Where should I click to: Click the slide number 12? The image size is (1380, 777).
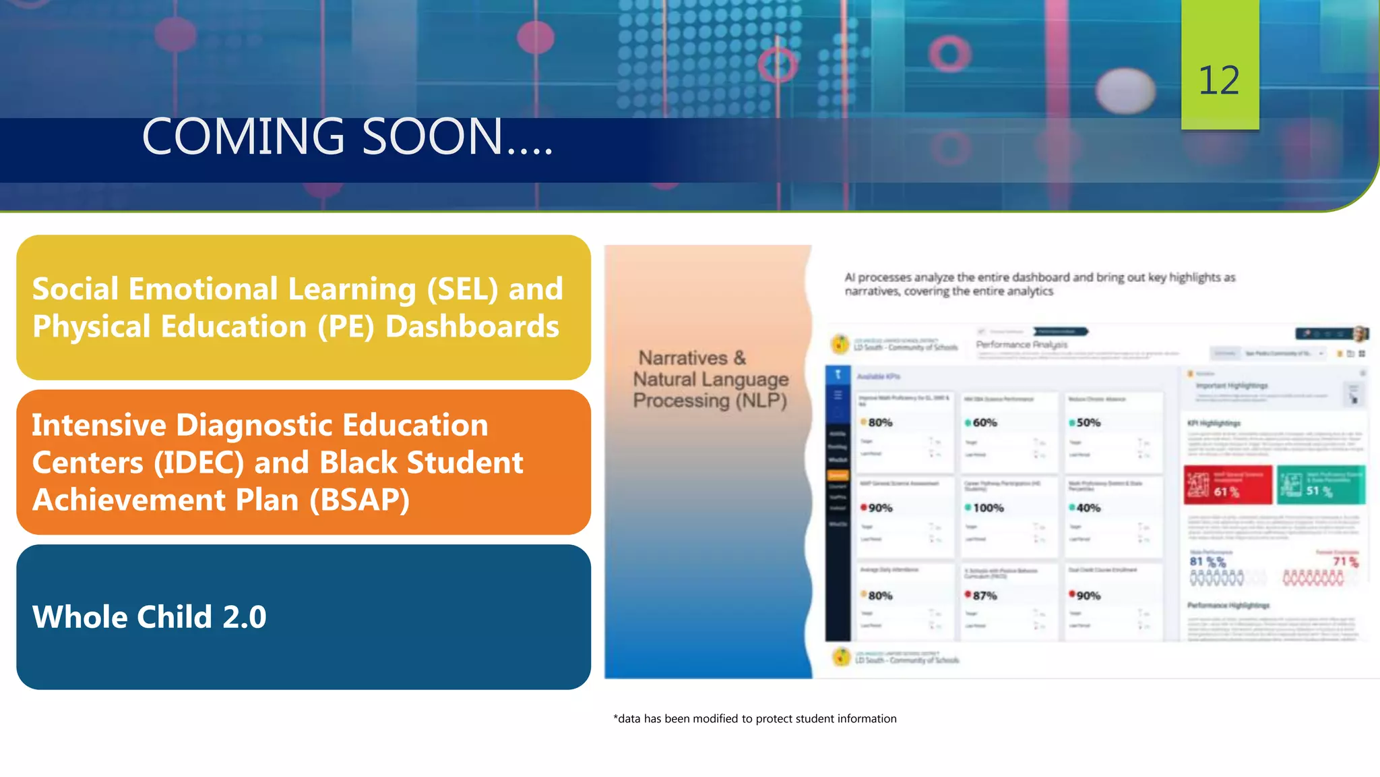1219,81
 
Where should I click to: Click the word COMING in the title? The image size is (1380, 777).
243,137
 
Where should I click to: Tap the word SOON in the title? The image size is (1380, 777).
432,137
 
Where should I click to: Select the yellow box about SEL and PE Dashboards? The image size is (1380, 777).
303,308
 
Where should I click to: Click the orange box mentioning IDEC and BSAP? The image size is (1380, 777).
303,462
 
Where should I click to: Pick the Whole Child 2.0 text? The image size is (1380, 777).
150,617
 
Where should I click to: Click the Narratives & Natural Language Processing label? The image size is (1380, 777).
710,379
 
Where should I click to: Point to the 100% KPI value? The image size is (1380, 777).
988,508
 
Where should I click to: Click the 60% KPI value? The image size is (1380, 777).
984,423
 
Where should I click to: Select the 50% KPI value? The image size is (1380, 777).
1088,423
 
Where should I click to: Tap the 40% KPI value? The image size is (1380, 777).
1088,508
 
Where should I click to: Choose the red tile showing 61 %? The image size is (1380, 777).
1228,485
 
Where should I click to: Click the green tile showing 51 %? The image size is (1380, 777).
1321,485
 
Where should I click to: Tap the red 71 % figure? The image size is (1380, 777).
1345,561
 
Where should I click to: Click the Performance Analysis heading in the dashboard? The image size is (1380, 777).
1022,345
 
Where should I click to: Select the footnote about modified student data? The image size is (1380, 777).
755,719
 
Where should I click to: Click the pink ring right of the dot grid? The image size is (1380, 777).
949,53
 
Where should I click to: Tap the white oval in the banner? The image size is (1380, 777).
1125,90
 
